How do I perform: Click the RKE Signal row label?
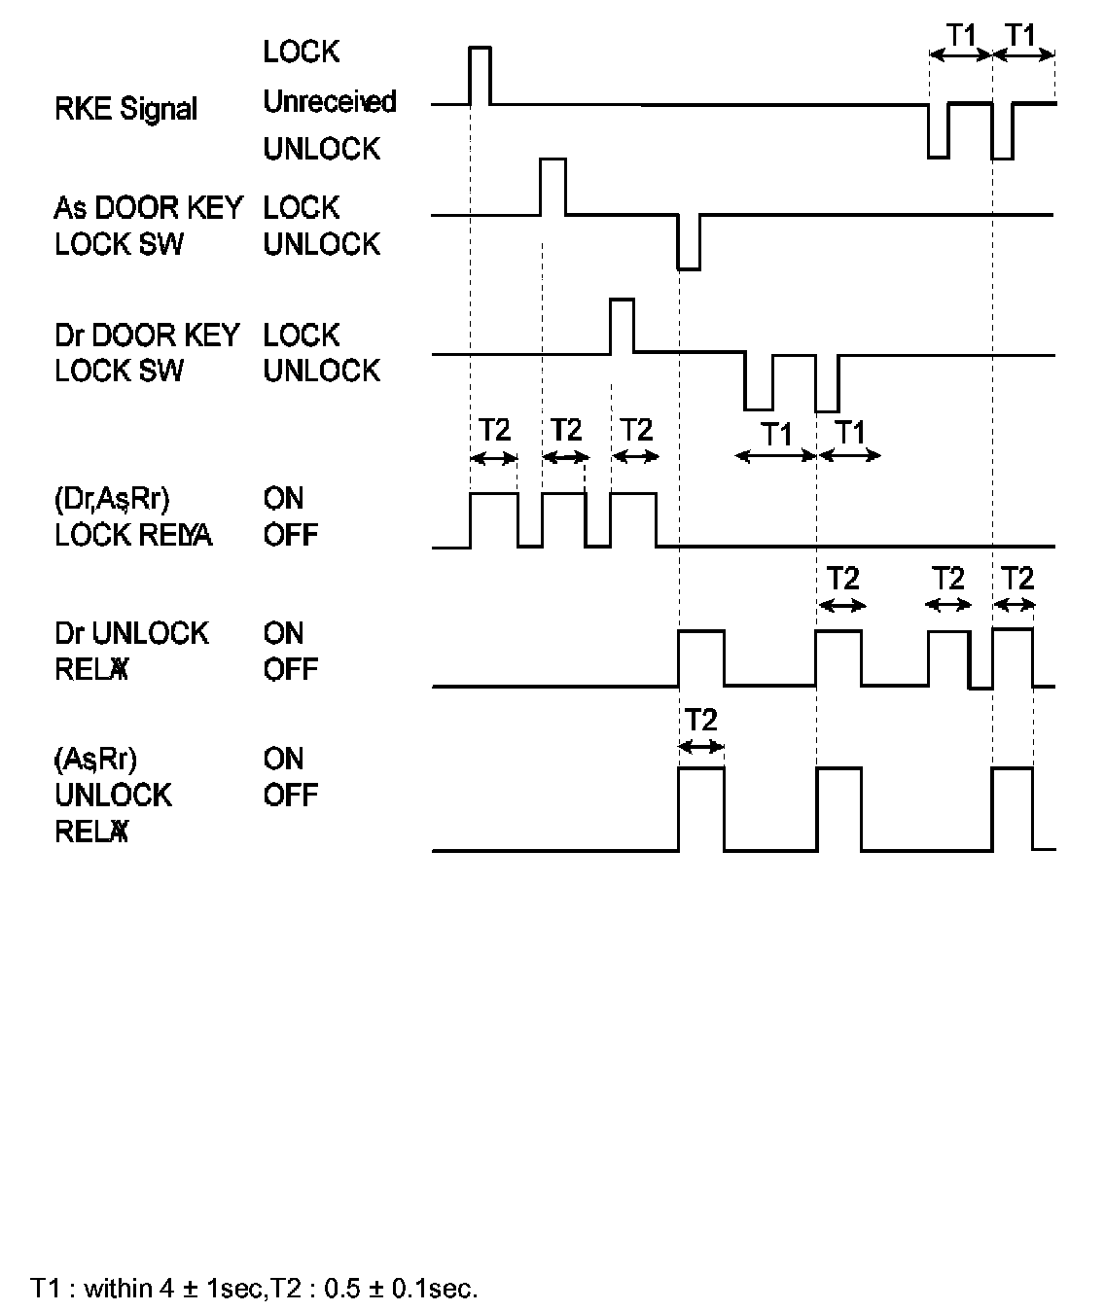click(x=125, y=109)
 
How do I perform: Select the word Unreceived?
click(x=330, y=101)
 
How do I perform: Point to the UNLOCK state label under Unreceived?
click(x=321, y=149)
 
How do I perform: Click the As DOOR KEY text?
click(x=148, y=207)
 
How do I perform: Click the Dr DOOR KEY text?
click(x=147, y=335)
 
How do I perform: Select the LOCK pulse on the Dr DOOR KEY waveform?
click(x=622, y=326)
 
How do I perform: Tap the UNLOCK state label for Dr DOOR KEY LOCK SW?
click(x=321, y=371)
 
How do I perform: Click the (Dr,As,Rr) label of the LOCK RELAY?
click(x=112, y=499)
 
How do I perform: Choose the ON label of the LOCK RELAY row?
click(x=283, y=499)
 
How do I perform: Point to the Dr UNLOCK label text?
click(x=131, y=633)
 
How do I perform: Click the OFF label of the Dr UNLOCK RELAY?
click(x=290, y=669)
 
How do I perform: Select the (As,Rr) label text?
click(x=95, y=759)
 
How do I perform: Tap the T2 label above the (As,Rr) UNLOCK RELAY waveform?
click(x=700, y=721)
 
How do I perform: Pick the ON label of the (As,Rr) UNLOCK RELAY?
click(x=283, y=759)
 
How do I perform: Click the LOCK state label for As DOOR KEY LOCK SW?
click(x=302, y=207)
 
